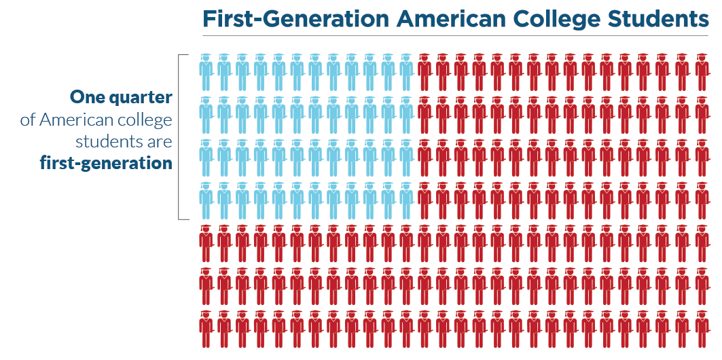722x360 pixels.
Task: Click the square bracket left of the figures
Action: (x=180, y=137)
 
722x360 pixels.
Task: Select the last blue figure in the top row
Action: (x=406, y=71)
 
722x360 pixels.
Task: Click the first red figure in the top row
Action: (x=425, y=71)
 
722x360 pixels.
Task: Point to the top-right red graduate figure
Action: (x=702, y=71)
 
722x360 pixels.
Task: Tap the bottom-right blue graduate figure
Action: (x=406, y=200)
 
